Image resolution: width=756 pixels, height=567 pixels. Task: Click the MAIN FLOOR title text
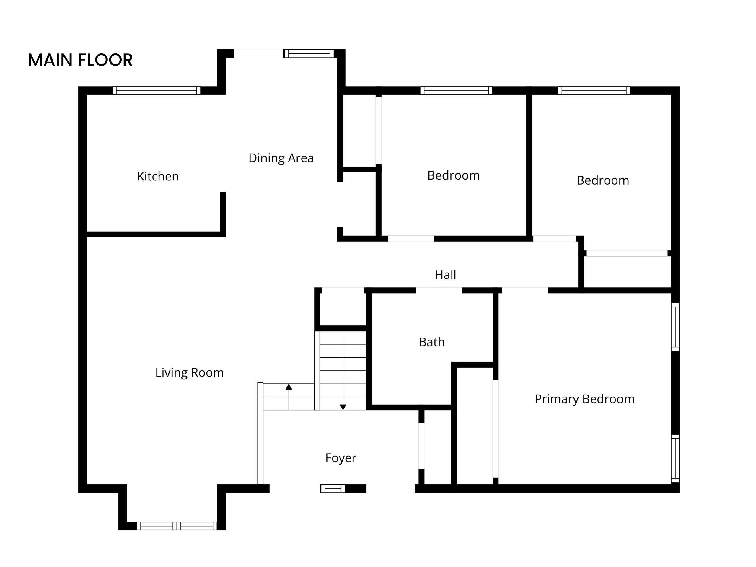(80, 60)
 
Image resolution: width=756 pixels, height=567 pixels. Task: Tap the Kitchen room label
(158, 176)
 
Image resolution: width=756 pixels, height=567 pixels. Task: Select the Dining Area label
(281, 158)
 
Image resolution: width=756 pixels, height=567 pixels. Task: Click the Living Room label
(189, 372)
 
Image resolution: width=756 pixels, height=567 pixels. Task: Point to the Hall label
(445, 275)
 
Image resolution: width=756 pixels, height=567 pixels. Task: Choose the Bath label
(432, 342)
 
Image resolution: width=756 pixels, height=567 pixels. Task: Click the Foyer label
(340, 458)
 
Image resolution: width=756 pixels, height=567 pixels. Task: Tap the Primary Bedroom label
(584, 399)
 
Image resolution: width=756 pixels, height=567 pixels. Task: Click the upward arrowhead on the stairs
(289, 387)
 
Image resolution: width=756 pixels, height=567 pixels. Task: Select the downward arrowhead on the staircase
(343, 407)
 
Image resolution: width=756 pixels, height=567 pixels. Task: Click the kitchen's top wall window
(157, 91)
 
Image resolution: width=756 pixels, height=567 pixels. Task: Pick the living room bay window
(177, 526)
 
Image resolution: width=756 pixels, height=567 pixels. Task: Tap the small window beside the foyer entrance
(333, 489)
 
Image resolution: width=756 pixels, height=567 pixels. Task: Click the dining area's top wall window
(309, 54)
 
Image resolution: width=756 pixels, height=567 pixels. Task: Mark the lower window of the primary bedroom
(675, 458)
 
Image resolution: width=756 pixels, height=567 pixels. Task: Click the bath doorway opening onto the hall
(439, 290)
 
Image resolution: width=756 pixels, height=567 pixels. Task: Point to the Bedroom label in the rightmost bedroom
(602, 180)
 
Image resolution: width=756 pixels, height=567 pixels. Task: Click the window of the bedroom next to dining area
(456, 91)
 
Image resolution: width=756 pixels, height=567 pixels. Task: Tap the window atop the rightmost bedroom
(594, 91)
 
